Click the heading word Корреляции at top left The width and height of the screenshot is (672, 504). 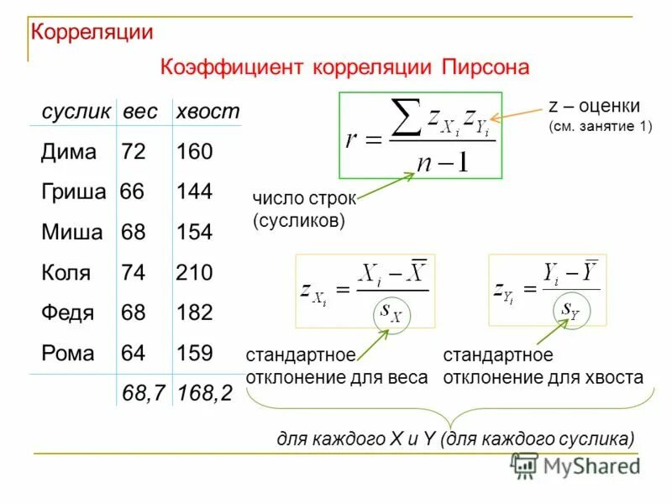coord(92,33)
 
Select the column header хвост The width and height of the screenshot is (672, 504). coord(207,112)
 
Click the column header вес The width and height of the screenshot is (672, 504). coord(139,112)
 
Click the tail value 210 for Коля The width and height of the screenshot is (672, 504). coord(194,273)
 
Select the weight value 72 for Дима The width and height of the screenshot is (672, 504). coord(134,152)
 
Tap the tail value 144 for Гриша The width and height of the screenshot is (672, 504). coord(194,192)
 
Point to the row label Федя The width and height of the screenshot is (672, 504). coord(67,313)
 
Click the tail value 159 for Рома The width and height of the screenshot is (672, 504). coord(194,353)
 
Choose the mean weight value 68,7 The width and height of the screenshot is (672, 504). coord(143,391)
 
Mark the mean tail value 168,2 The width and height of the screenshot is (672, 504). coord(204,391)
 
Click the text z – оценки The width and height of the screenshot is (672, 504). coord(594,107)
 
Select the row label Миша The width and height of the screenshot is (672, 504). coord(72,233)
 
